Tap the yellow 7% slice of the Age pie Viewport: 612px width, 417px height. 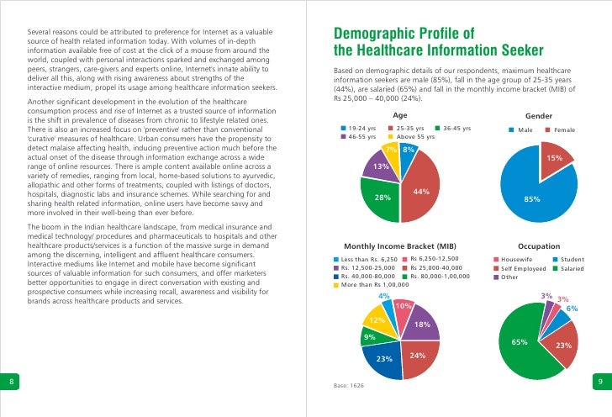(390, 151)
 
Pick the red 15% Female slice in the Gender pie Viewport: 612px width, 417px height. (555, 158)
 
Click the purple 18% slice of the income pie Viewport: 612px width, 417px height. (423, 324)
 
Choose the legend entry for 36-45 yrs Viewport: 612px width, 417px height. (456, 128)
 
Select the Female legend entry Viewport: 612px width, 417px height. (564, 130)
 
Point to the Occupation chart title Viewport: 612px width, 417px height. (539, 245)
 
